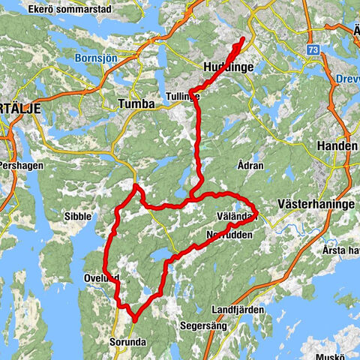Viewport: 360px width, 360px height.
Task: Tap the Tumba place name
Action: [x=136, y=103]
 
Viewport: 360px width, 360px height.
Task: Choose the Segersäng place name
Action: [x=200, y=326]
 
